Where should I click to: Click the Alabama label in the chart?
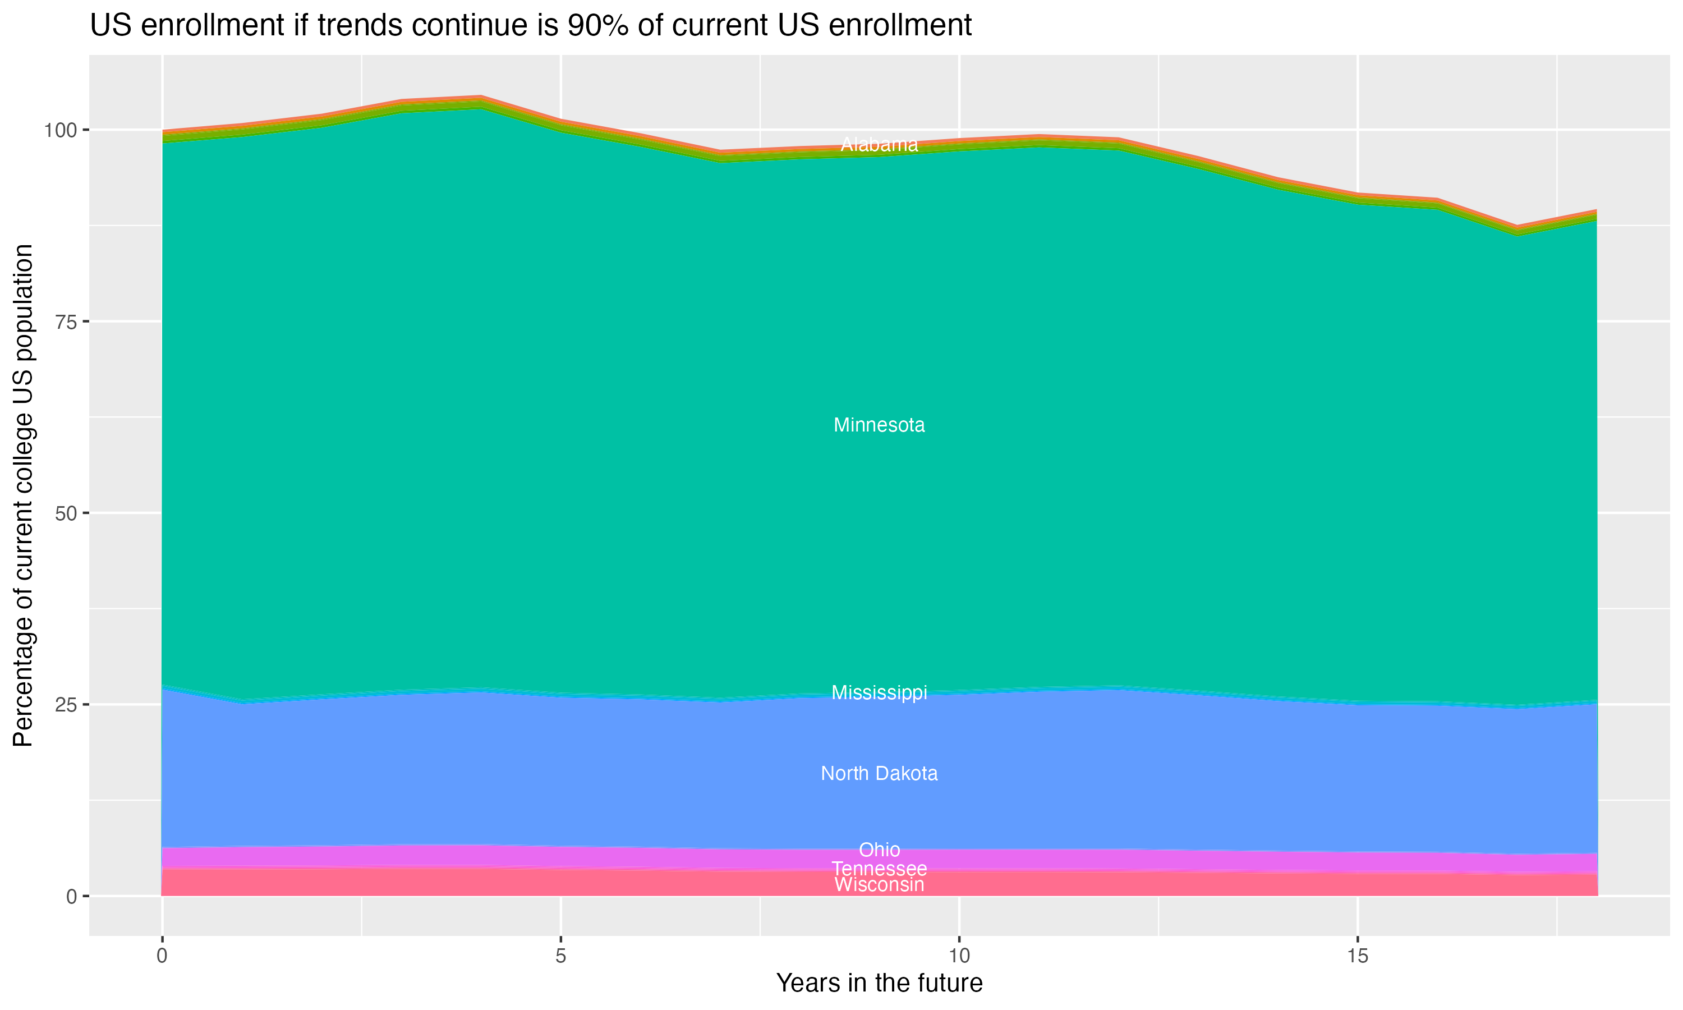click(879, 144)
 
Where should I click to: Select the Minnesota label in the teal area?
click(879, 425)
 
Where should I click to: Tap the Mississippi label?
click(879, 693)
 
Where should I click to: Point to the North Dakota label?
click(879, 774)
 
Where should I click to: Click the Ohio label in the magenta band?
click(879, 850)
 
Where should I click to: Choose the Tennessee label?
click(879, 869)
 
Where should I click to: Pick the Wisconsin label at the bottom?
click(879, 885)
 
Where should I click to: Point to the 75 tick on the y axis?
click(66, 322)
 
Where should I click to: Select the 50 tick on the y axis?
click(66, 513)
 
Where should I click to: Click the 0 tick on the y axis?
click(71, 896)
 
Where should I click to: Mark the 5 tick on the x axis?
click(560, 956)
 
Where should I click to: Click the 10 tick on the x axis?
click(959, 956)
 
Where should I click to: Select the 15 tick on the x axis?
click(1358, 956)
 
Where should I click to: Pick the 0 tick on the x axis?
click(162, 956)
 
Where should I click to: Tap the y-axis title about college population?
click(23, 495)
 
